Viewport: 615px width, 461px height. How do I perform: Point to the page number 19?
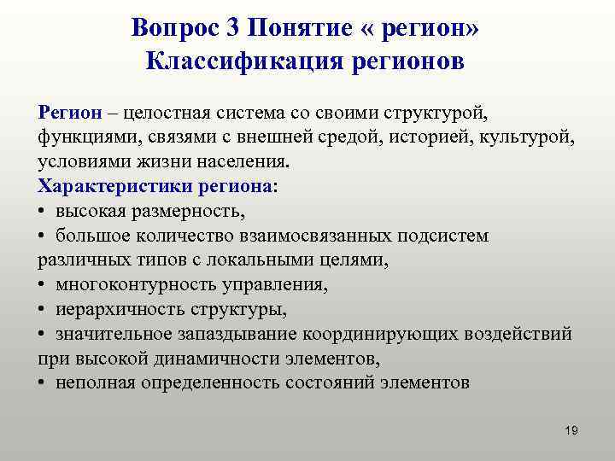click(x=571, y=430)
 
